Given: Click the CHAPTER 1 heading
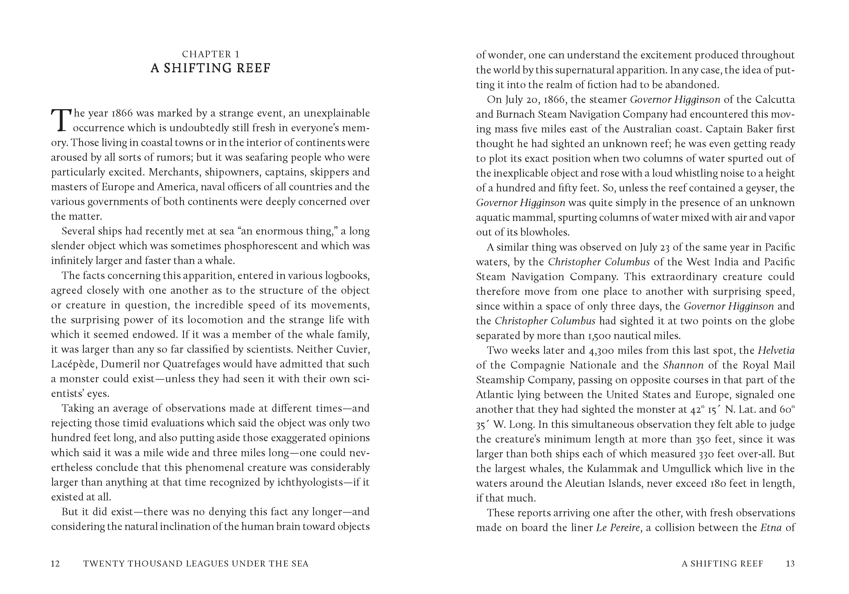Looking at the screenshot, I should click(211, 54).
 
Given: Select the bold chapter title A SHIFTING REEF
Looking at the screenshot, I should click(211, 68).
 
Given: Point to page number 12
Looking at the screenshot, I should click(56, 564).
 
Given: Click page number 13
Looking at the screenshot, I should click(790, 564).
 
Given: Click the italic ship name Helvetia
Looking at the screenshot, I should click(776, 350).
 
